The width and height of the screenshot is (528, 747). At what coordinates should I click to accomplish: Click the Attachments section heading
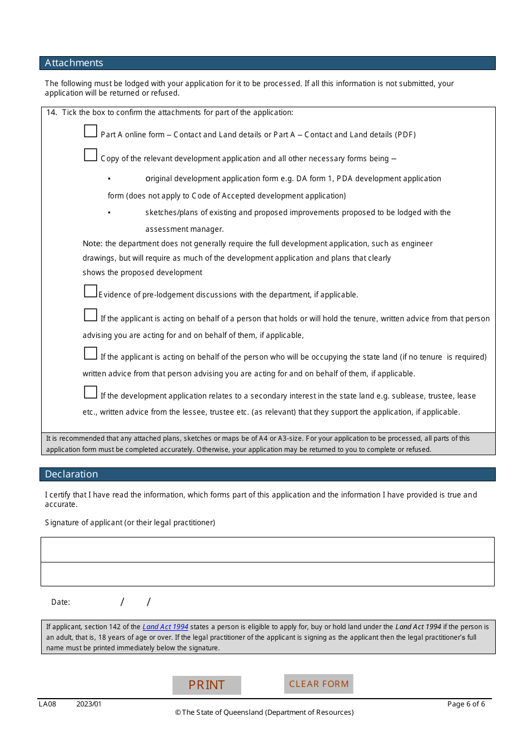coord(74,63)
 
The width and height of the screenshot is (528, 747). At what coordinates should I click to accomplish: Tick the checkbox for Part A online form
coord(91,131)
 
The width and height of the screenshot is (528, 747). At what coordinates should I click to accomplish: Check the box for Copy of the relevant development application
coord(91,155)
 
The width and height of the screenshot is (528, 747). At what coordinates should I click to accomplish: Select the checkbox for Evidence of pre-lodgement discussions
coord(91,291)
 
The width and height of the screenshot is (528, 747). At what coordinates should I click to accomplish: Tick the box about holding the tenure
coord(91,315)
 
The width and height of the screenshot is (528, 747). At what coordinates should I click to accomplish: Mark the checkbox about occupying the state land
coord(91,353)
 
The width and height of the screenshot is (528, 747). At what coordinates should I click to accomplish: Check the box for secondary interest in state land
coord(91,392)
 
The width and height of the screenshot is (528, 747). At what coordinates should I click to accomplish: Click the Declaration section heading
coord(71,474)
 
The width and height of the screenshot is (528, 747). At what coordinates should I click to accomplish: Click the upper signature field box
coord(267,550)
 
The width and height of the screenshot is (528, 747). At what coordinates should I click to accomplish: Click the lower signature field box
coord(267,574)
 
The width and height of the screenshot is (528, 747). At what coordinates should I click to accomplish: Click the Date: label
coord(61,602)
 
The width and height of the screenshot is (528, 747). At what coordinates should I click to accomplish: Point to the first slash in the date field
coord(122,602)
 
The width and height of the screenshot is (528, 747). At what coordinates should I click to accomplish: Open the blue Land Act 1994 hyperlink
coord(165,627)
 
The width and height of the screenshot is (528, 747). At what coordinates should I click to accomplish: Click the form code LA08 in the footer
coord(47,704)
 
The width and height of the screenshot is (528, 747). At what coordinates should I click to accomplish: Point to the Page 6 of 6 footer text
coord(466,704)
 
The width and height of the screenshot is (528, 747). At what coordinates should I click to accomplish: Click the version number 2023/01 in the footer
coord(89,704)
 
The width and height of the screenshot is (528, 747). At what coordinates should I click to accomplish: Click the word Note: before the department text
coord(92,243)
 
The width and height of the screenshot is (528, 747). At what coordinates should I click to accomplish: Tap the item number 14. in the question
coord(52,112)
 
